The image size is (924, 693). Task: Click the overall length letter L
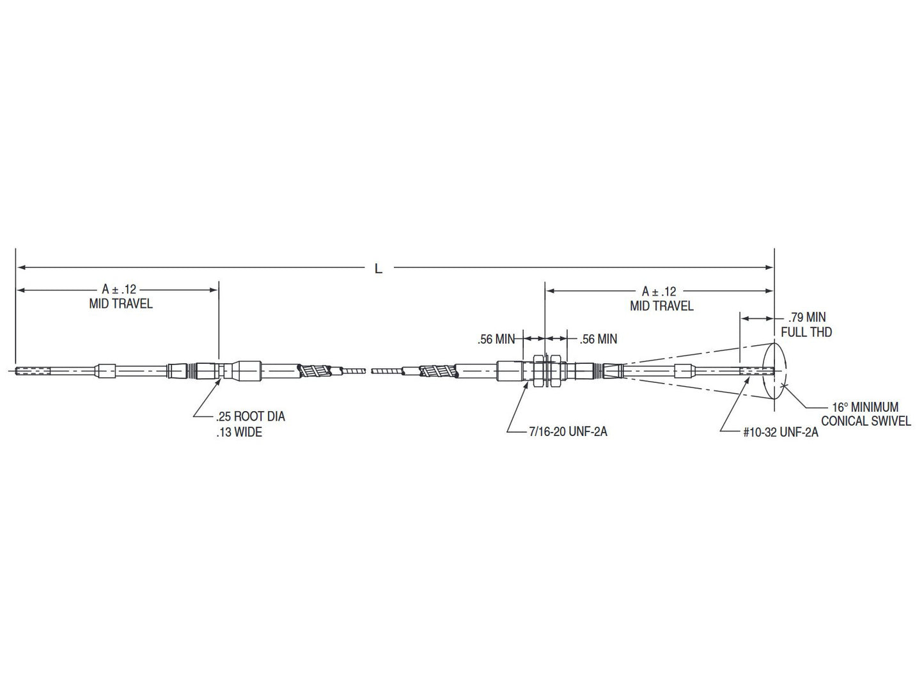[379, 269]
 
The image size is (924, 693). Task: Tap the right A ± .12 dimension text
[659, 292]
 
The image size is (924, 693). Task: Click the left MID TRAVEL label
[121, 304]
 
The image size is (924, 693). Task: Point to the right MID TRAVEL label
[661, 306]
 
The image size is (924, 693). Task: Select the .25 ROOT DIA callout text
[250, 417]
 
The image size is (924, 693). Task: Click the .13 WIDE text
[239, 433]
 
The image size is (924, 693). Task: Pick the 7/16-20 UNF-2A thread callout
[567, 432]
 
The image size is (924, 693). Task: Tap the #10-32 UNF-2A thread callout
[780, 432]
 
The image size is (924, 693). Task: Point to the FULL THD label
[806, 332]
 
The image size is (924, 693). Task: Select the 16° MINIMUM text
[865, 407]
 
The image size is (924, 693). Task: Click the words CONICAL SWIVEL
[866, 421]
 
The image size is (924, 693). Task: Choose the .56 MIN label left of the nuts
[496, 340]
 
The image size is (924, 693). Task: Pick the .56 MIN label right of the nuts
[598, 339]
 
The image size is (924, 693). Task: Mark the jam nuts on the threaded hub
[545, 370]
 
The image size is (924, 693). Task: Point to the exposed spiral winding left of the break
[315, 370]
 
